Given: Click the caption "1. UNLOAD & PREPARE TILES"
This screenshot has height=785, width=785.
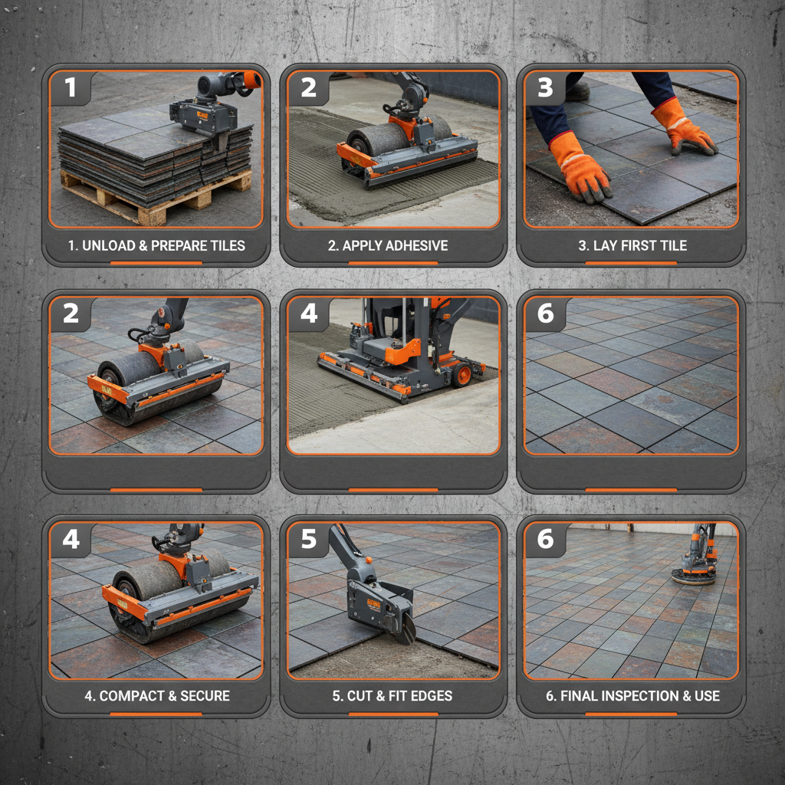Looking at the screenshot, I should (x=156, y=246).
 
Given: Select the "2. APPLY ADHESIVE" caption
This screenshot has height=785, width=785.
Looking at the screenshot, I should (x=395, y=246).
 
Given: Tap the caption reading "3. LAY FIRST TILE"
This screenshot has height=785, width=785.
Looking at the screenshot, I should (x=632, y=246).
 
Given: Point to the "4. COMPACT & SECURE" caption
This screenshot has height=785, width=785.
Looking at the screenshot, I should (x=156, y=696).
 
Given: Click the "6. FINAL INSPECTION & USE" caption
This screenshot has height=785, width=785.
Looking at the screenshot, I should (x=632, y=696).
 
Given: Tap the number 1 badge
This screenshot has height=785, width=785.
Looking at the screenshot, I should (x=71, y=87).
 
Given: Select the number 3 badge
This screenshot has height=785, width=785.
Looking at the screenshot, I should (x=545, y=87).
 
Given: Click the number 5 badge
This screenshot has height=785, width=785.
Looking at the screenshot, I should (x=308, y=539).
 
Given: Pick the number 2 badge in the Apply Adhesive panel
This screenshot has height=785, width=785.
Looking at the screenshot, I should (x=308, y=87).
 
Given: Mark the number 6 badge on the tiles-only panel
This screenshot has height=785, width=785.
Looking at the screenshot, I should (x=545, y=313).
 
